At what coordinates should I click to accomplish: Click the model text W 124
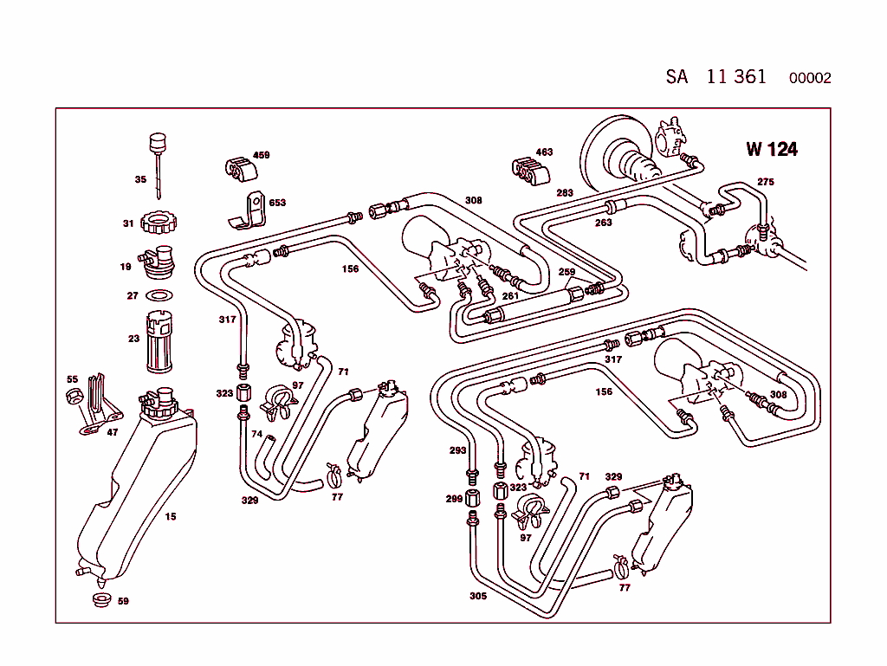[x=771, y=149]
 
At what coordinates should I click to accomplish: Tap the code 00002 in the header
[x=809, y=78]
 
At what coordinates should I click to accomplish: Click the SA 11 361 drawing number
[x=715, y=76]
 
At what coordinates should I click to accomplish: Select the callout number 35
[x=140, y=180]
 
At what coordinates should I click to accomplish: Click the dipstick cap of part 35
[x=158, y=142]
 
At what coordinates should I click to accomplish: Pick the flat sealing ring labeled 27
[x=158, y=295]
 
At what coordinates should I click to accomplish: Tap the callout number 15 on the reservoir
[x=171, y=517]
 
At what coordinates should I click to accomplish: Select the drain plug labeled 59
[x=100, y=601]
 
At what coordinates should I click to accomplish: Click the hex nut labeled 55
[x=74, y=398]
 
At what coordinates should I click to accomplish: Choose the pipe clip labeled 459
[x=237, y=168]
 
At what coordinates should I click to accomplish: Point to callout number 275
[x=766, y=182]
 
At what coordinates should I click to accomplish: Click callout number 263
[x=604, y=223]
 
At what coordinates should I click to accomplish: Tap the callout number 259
[x=567, y=272]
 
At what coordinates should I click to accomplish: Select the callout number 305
[x=478, y=596]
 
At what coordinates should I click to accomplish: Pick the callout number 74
[x=256, y=434]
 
